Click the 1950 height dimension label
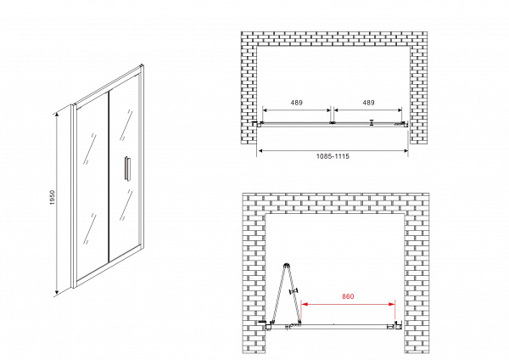point(53,198)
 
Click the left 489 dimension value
point(297,103)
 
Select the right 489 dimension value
point(368,103)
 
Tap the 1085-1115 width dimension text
point(333,156)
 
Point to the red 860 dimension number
point(348,296)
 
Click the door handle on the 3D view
point(127,167)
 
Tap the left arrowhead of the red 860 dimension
point(305,305)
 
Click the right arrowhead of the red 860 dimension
point(392,305)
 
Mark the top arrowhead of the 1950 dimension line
point(57,114)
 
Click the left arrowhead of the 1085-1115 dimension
point(260,151)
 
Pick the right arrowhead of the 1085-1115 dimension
point(405,151)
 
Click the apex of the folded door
point(286,265)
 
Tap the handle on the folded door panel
point(294,291)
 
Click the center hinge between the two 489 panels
point(332,123)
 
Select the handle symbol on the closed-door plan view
point(372,122)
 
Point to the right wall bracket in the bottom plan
point(398,325)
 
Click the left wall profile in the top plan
point(258,123)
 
